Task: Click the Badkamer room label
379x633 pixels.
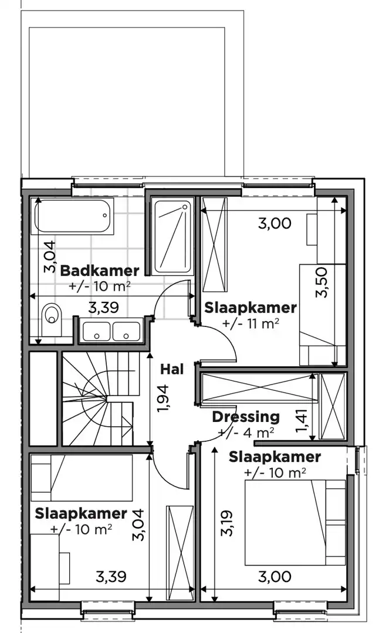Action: pyautogui.click(x=100, y=270)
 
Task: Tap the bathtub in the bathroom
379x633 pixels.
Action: pyautogui.click(x=73, y=217)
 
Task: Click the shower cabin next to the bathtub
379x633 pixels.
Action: pyautogui.click(x=172, y=236)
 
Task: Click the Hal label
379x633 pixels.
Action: pyautogui.click(x=172, y=369)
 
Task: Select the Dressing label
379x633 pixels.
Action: pyautogui.click(x=246, y=417)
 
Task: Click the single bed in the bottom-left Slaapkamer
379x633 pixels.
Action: pyautogui.click(x=82, y=477)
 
